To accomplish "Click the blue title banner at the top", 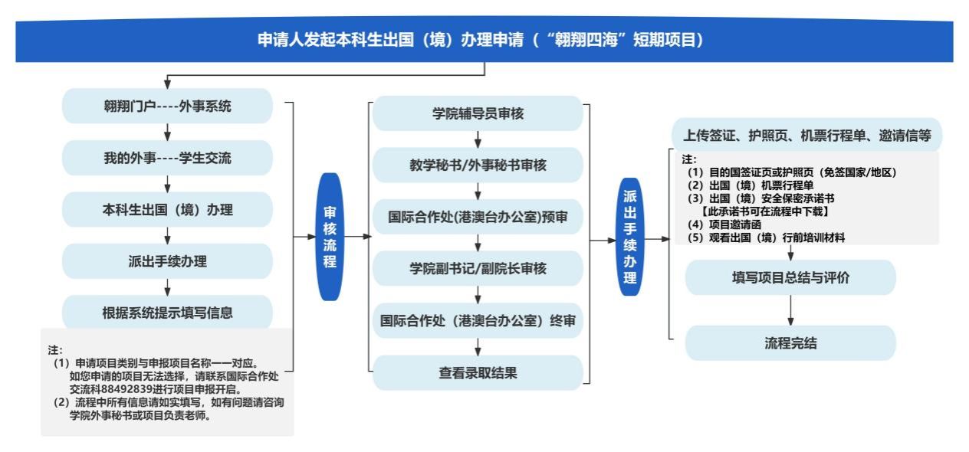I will [484, 41].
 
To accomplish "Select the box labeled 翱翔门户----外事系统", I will [167, 106].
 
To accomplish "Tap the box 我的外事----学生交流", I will [167, 159].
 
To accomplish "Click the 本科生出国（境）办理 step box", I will [167, 210].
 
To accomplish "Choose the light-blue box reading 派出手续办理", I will [167, 261].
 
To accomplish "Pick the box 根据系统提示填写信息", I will [167, 313].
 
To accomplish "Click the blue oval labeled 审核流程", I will [329, 237].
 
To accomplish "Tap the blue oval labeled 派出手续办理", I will [629, 237].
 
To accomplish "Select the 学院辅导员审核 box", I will [478, 114].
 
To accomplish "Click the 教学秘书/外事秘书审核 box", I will [478, 165].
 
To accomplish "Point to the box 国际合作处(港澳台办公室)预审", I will [478, 217].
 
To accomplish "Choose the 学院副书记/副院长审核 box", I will [478, 269].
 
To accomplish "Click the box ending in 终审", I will [478, 321].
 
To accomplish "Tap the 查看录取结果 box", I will [478, 373].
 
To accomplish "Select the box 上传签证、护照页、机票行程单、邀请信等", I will [806, 136].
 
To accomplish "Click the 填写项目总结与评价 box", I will [790, 278].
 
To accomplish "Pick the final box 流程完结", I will [790, 343].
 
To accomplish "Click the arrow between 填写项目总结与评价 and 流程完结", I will [790, 310].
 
